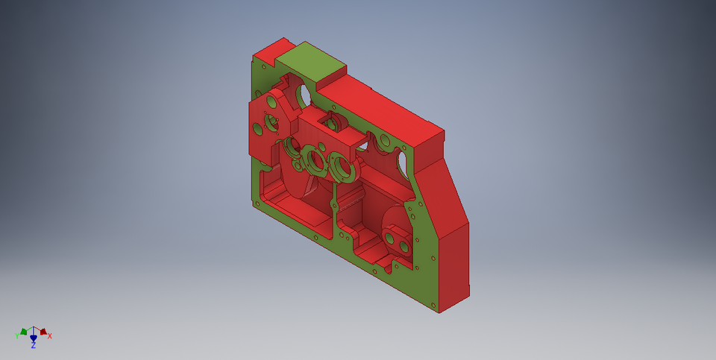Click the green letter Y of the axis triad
tap(16, 336)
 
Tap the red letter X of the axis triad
tap(50, 336)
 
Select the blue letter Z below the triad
tap(34, 346)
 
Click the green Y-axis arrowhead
tap(24, 332)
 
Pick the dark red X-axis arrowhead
tap(43, 332)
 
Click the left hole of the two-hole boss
tap(389, 238)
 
